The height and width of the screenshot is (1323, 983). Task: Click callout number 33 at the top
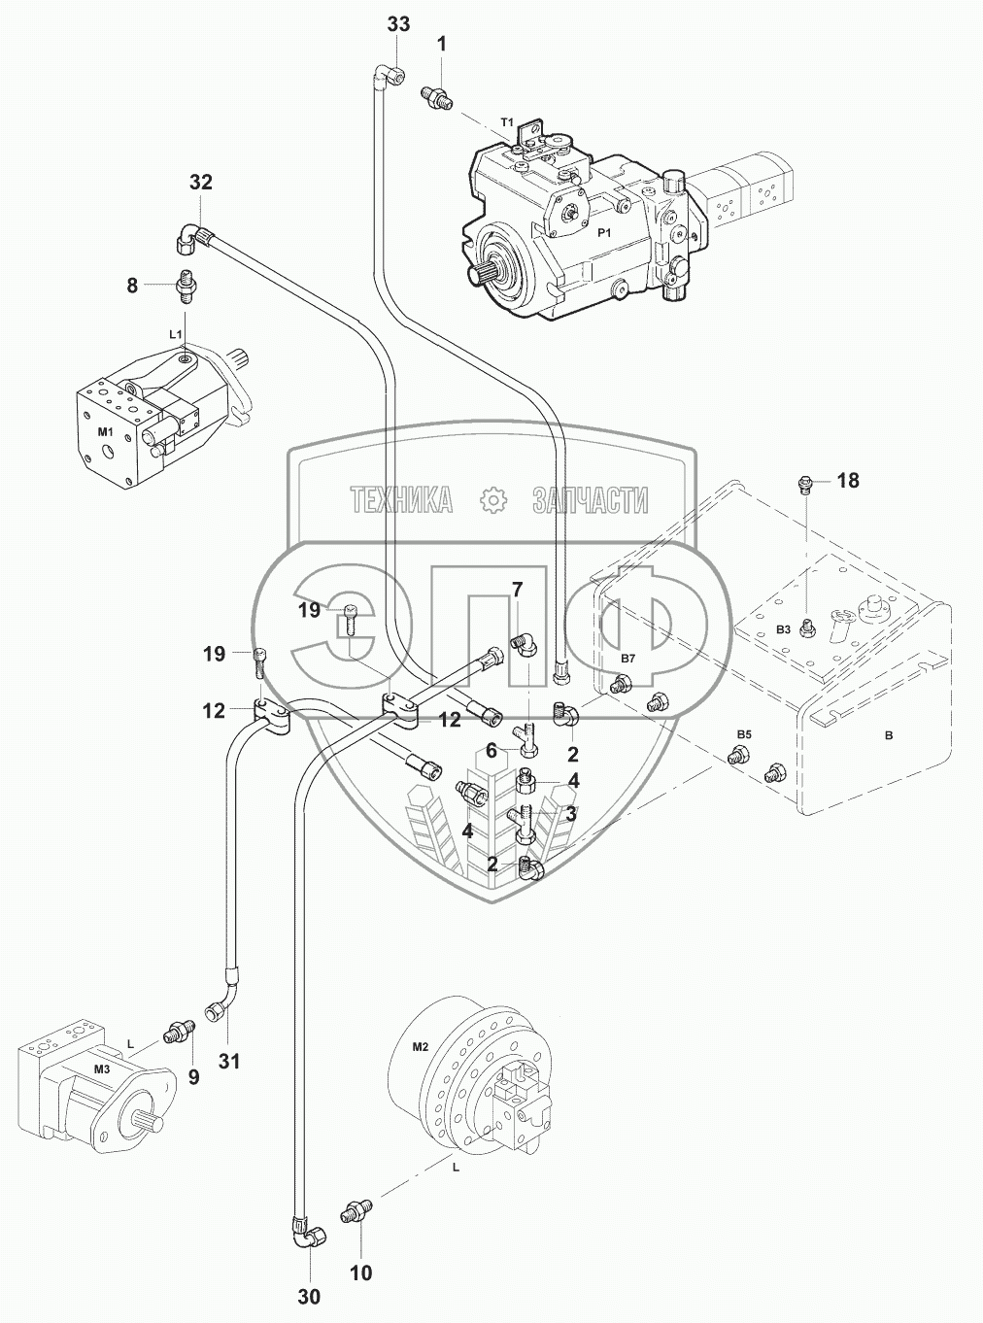point(398,25)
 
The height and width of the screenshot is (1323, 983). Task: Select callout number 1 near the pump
point(442,44)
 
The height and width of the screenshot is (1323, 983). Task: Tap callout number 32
point(200,183)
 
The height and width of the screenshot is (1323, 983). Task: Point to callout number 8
point(132,286)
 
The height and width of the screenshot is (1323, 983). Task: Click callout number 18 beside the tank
point(847,481)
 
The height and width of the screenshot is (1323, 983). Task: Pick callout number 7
point(517,589)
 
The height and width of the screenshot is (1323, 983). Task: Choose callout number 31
point(228,1062)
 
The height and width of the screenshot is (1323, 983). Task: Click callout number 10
point(360,1272)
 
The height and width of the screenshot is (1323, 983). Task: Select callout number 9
point(193,1076)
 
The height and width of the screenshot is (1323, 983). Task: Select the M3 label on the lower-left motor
point(103,1070)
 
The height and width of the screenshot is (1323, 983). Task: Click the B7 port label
point(627,660)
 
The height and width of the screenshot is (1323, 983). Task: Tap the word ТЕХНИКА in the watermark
point(401,500)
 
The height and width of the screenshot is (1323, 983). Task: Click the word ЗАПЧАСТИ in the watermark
point(590,500)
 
